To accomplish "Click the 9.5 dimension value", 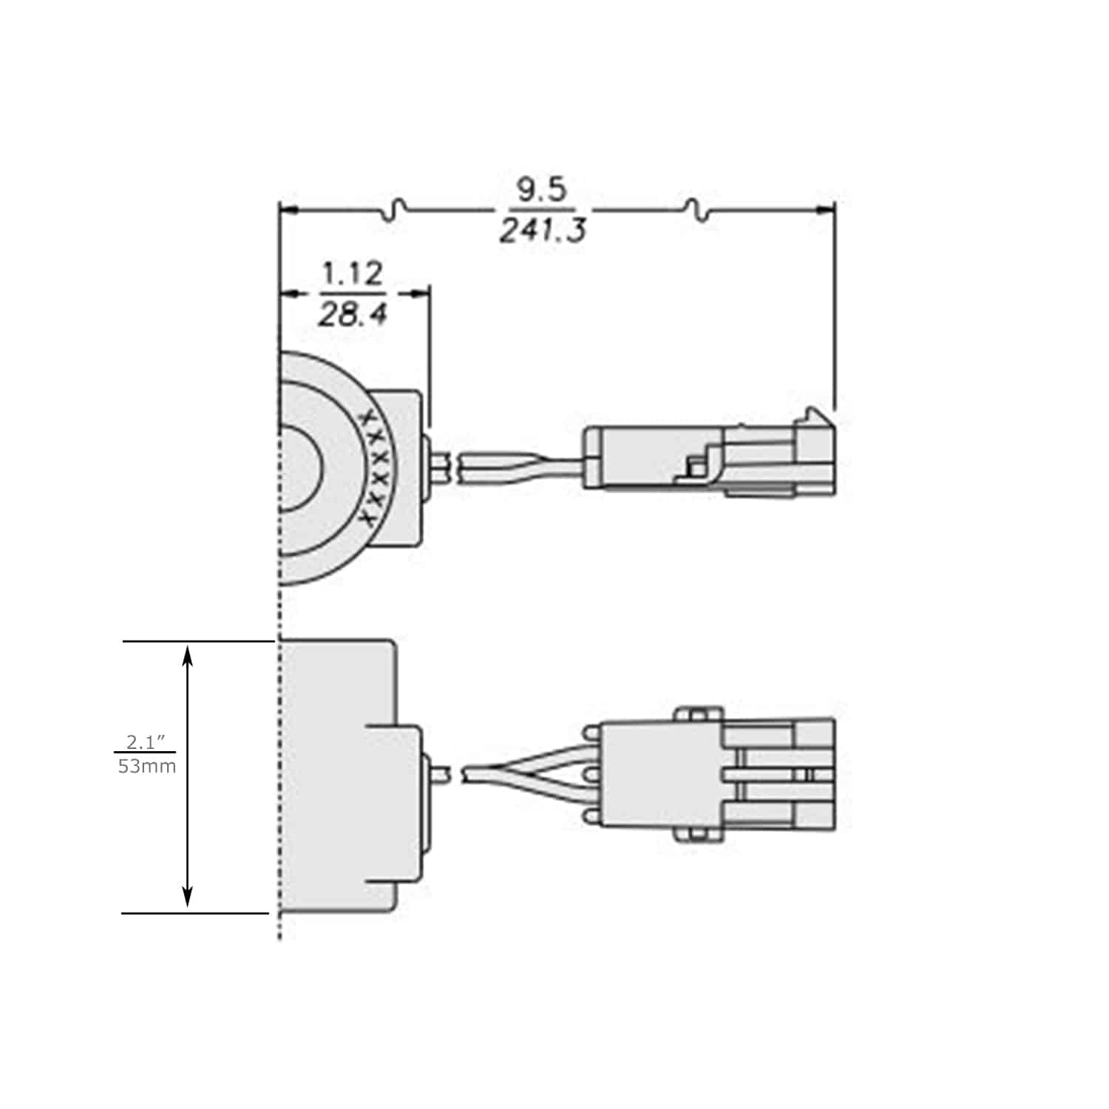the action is (x=542, y=190).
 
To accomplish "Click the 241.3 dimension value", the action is (x=542, y=231).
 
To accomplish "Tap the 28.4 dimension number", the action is (x=353, y=316).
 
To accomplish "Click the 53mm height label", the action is (x=147, y=766).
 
